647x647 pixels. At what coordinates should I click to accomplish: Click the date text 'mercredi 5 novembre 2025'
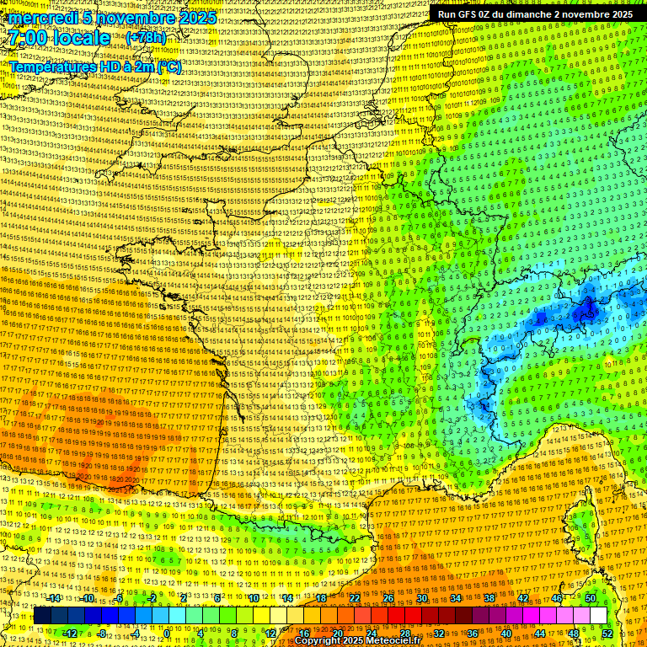click(113, 18)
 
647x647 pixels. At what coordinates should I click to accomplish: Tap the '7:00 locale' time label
click(60, 38)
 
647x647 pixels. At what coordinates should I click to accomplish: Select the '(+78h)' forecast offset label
click(146, 38)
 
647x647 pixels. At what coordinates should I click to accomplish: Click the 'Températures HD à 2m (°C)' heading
click(95, 67)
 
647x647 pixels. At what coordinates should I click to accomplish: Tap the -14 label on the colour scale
click(55, 598)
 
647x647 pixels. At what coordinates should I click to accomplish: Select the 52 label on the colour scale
click(607, 634)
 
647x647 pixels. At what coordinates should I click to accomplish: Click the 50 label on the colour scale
click(590, 598)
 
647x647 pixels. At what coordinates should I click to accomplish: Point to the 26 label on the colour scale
click(388, 598)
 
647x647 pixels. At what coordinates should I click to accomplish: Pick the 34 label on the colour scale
click(456, 598)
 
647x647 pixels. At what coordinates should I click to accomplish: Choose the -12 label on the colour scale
click(71, 634)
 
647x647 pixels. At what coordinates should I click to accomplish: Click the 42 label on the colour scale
click(523, 598)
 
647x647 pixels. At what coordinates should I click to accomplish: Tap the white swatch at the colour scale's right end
click(598, 616)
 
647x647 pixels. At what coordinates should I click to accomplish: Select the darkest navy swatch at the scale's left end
click(42, 616)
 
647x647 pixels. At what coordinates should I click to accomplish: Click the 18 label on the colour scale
click(321, 598)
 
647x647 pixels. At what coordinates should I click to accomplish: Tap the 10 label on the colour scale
click(254, 598)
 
